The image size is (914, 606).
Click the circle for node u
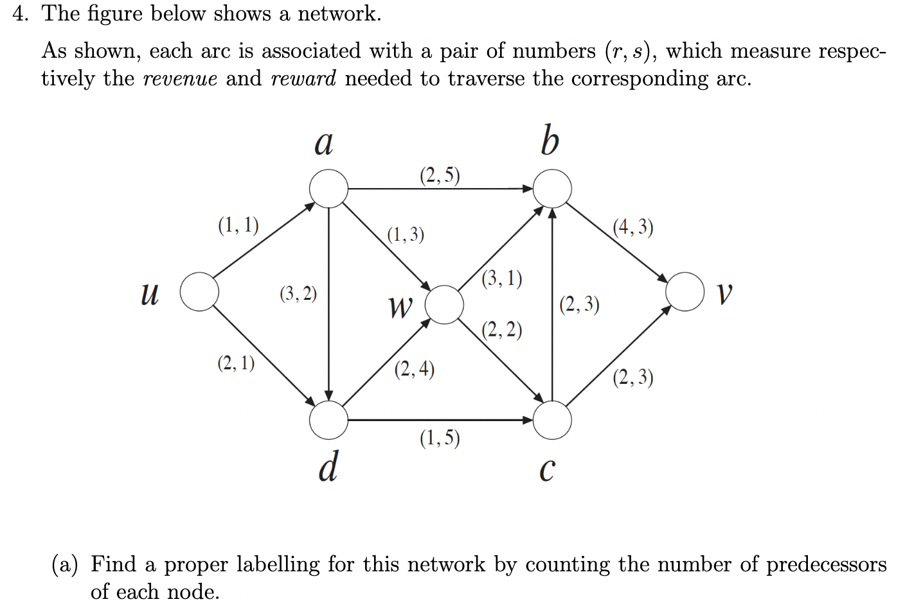coord(200,292)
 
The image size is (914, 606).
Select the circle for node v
coord(685,292)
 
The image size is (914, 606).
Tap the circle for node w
coord(444,304)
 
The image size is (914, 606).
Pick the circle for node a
coord(328,189)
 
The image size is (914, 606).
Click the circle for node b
coord(552,189)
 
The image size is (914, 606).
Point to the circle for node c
coord(552,420)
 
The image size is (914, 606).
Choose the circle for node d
coord(328,420)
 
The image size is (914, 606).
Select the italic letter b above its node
coord(550,142)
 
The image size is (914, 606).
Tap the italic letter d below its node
coord(328,467)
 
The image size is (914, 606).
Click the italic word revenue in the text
coord(179,79)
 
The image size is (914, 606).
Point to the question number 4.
coord(21,14)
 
